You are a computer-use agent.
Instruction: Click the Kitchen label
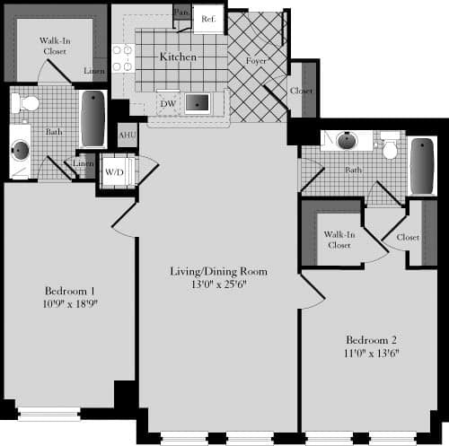point(178,57)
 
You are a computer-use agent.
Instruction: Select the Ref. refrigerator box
point(207,19)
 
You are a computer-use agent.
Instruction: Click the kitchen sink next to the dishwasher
point(198,102)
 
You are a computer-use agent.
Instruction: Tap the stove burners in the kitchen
point(121,57)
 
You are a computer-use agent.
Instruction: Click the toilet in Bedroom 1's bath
point(30,101)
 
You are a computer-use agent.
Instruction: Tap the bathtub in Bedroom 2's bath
point(421,165)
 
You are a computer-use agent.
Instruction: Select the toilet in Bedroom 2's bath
point(389,144)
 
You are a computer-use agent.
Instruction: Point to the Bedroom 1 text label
point(69,290)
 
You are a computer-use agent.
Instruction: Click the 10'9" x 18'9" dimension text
point(69,303)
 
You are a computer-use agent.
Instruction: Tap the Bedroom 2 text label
point(371,340)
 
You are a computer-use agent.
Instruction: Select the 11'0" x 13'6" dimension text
point(371,354)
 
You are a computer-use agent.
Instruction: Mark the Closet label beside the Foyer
point(302,91)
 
